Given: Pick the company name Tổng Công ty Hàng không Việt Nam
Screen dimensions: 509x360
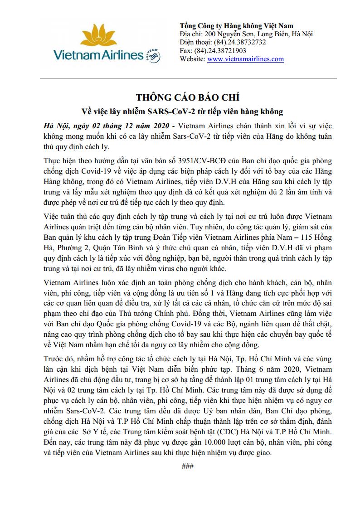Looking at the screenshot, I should pyautogui.click(x=236, y=26).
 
